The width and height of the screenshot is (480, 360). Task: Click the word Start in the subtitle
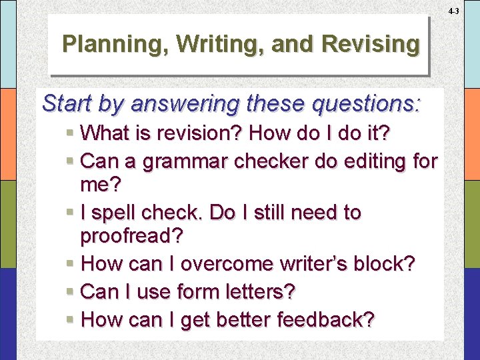66,104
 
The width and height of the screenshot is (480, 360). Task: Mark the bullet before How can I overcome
71,265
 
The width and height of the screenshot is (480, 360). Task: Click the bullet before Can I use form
71,292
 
